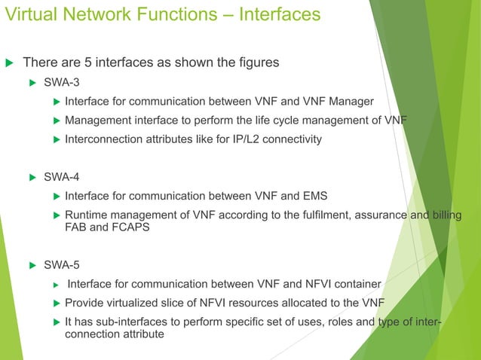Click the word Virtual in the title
click(29, 14)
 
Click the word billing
click(441, 216)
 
